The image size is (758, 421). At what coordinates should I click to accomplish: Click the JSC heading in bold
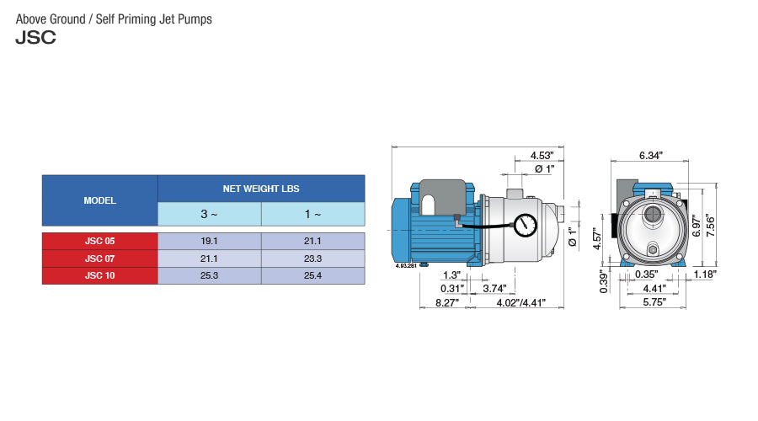[35, 39]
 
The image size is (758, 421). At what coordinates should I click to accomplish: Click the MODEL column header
[99, 201]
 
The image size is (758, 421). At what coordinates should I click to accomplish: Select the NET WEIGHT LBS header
[260, 189]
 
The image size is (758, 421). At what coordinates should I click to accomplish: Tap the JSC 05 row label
[99, 241]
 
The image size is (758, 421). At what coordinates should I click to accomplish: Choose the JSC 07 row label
[99, 258]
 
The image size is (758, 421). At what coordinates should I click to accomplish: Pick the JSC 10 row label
[99, 275]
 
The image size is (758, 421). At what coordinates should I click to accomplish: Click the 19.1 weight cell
[209, 241]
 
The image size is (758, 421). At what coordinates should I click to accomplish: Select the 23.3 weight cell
[312, 258]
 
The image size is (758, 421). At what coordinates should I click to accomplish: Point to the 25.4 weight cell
[312, 275]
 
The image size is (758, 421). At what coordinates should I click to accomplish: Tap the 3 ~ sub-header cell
[209, 215]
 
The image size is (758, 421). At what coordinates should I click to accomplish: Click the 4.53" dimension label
[542, 156]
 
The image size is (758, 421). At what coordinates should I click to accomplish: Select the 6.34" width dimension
[650, 156]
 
